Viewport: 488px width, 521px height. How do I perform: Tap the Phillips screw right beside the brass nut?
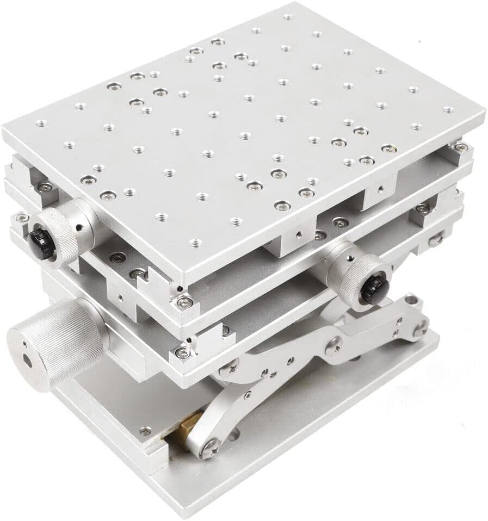pos(209,448)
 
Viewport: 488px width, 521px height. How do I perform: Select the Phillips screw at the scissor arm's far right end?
pos(420,327)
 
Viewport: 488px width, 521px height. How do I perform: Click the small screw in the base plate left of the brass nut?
pos(145,431)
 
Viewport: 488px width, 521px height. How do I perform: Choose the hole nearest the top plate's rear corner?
pos(287,17)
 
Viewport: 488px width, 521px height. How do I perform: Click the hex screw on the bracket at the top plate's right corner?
pos(460,147)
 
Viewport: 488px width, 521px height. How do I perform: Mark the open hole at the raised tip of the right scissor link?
pos(413,299)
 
